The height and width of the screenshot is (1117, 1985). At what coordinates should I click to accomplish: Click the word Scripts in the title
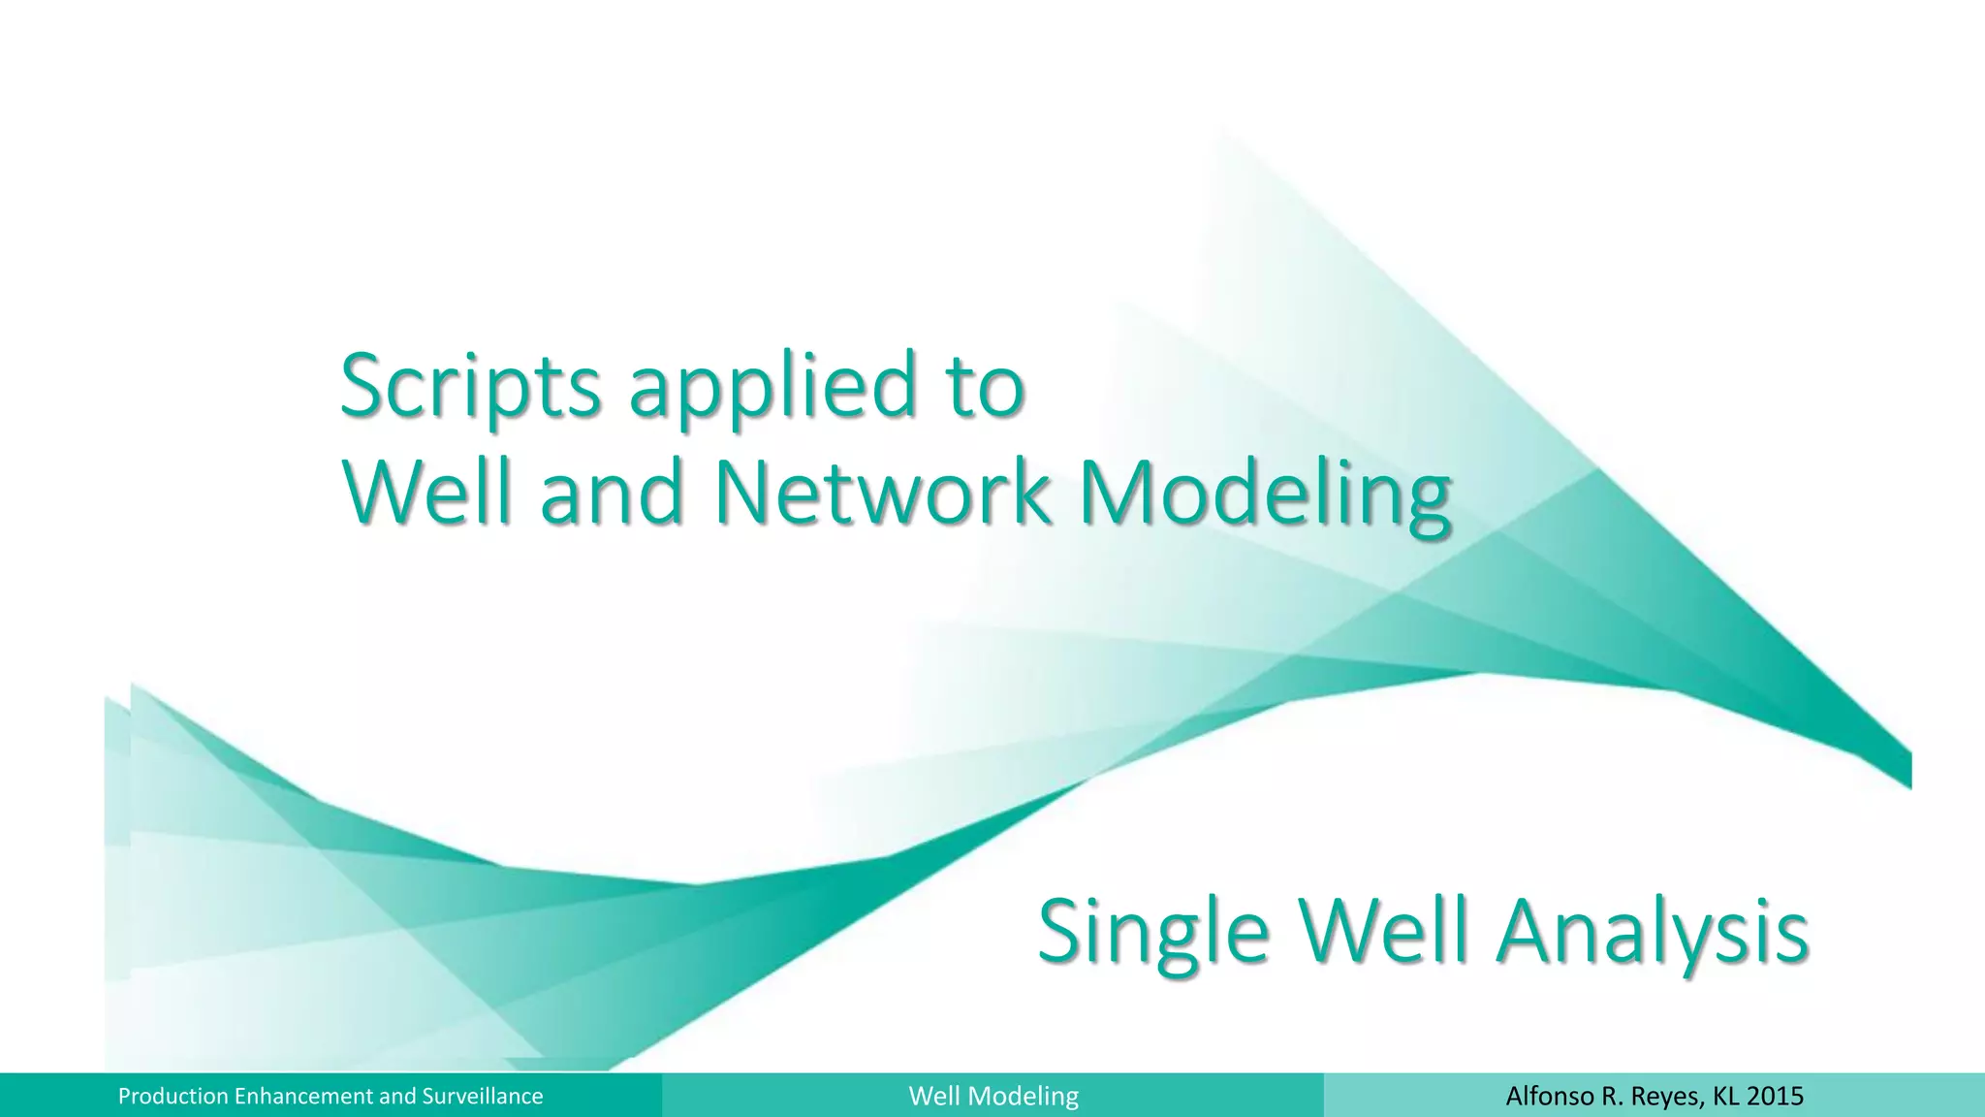470,386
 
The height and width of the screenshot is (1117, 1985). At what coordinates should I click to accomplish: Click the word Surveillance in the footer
483,1097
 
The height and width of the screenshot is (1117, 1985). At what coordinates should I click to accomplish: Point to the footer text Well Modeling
993,1097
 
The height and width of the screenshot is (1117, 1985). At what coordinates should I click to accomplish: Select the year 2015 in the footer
1776,1097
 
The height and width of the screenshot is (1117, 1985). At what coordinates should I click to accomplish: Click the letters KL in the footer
1726,1097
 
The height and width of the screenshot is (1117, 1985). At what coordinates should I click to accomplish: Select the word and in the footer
397,1097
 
